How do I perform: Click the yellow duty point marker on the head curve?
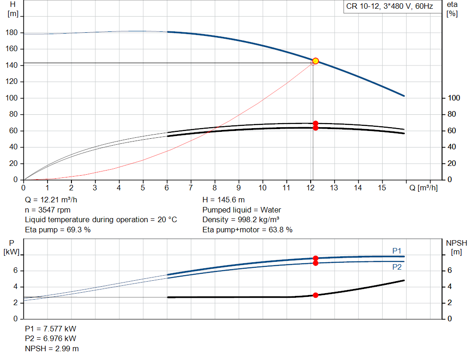pyautogui.click(x=315, y=61)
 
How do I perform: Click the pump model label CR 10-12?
pyautogui.click(x=364, y=6)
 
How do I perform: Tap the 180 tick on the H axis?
pyautogui.click(x=12, y=33)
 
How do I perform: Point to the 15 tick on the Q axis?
pyautogui.click(x=382, y=188)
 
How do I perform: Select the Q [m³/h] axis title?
pyautogui.click(x=423, y=188)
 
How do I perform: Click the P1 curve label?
pyautogui.click(x=397, y=250)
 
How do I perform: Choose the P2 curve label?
pyautogui.click(x=397, y=267)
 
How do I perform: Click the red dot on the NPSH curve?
pyautogui.click(x=315, y=295)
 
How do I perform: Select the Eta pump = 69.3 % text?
pyautogui.click(x=58, y=230)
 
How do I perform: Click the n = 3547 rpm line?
pyautogui.click(x=47, y=210)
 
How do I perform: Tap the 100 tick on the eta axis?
pyautogui.click(x=454, y=98)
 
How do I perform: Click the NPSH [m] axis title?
pyautogui.click(x=457, y=247)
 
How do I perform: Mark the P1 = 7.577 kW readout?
pyautogui.click(x=51, y=329)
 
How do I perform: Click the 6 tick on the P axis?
pyautogui.click(x=15, y=271)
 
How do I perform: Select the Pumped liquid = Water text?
pyautogui.click(x=242, y=210)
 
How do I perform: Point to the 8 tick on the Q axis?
pyautogui.click(x=214, y=188)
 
